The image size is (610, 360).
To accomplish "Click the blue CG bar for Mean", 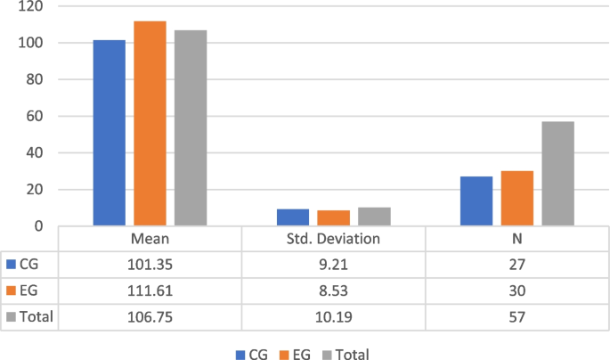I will click(110, 133).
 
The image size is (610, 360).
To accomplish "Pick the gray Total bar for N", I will click(557, 174).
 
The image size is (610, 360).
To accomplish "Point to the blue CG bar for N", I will click(476, 201).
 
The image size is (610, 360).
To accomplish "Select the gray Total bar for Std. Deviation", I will click(374, 217).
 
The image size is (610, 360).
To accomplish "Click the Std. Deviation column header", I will click(333, 239).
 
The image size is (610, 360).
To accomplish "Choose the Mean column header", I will click(150, 239).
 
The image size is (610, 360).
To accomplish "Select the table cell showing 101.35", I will click(150, 265).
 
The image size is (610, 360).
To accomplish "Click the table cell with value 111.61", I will click(150, 290).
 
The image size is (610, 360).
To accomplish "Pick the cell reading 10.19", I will click(333, 316).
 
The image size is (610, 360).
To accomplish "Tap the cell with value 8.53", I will click(333, 290).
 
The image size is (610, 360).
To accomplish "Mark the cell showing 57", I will click(516, 316).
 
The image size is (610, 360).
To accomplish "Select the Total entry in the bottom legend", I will click(344, 353).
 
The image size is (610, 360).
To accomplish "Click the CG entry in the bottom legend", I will click(254, 353).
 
